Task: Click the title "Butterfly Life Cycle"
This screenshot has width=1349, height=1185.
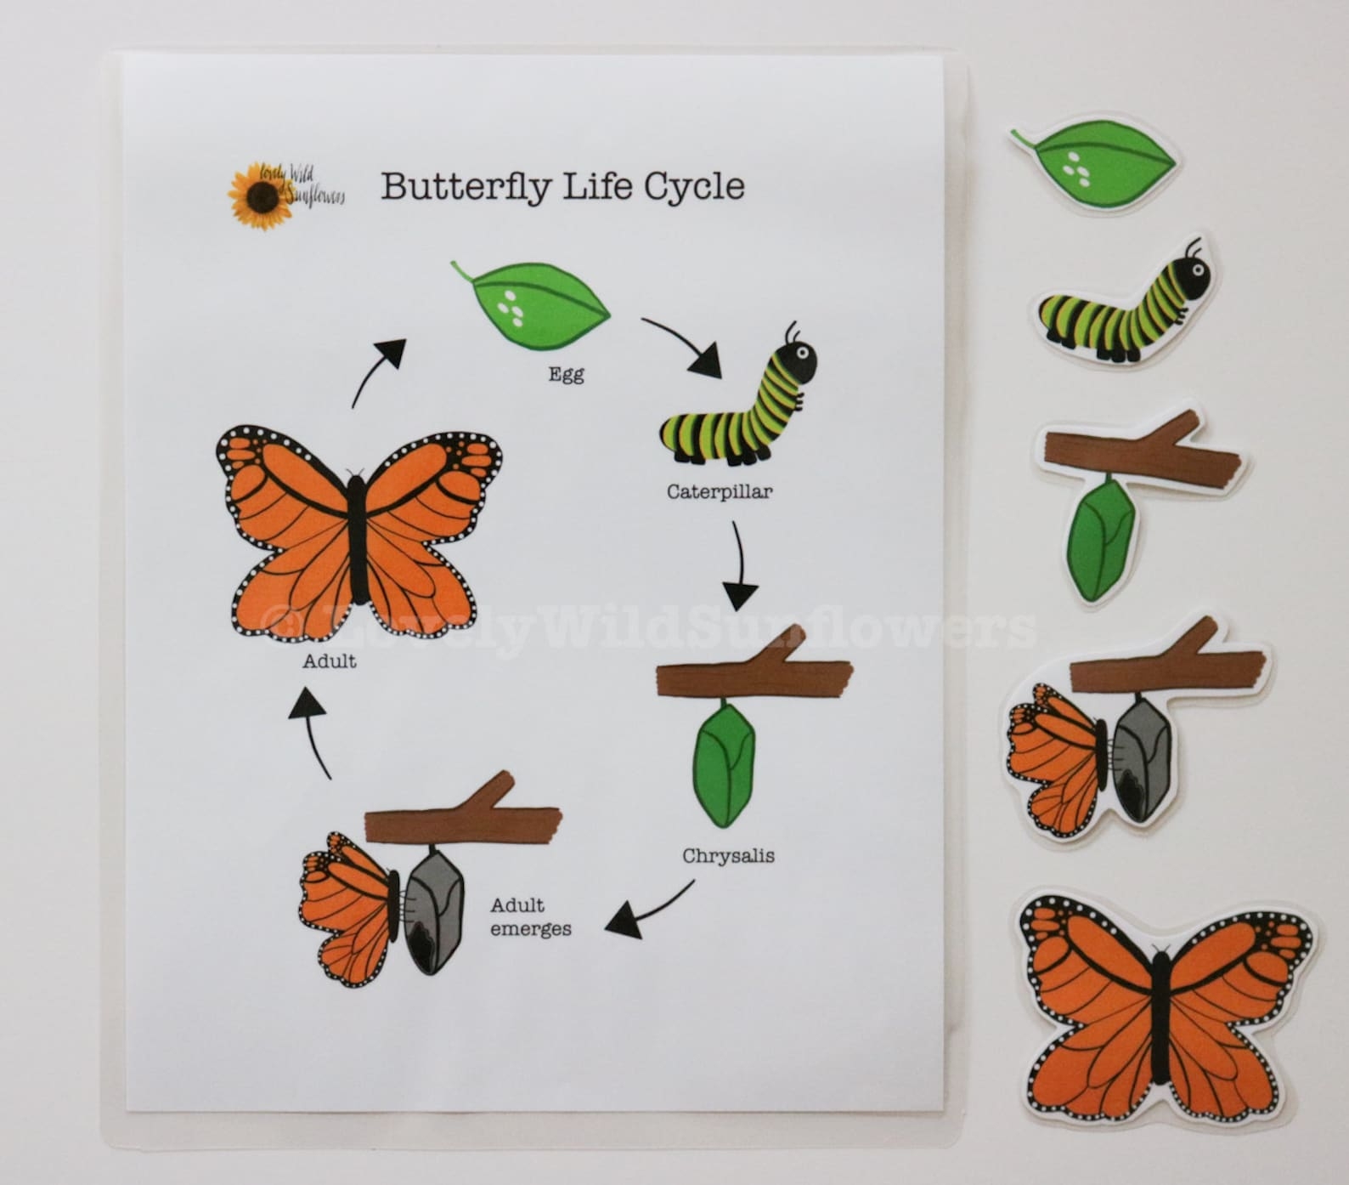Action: [562, 186]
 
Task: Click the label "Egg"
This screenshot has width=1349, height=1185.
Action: [566, 373]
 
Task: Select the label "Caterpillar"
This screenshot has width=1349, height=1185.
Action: [720, 491]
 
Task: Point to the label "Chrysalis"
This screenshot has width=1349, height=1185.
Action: [728, 855]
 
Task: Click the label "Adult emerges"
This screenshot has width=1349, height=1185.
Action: [530, 917]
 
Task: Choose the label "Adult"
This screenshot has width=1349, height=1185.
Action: [330, 661]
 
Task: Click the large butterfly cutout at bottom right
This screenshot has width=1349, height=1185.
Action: [1157, 1008]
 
